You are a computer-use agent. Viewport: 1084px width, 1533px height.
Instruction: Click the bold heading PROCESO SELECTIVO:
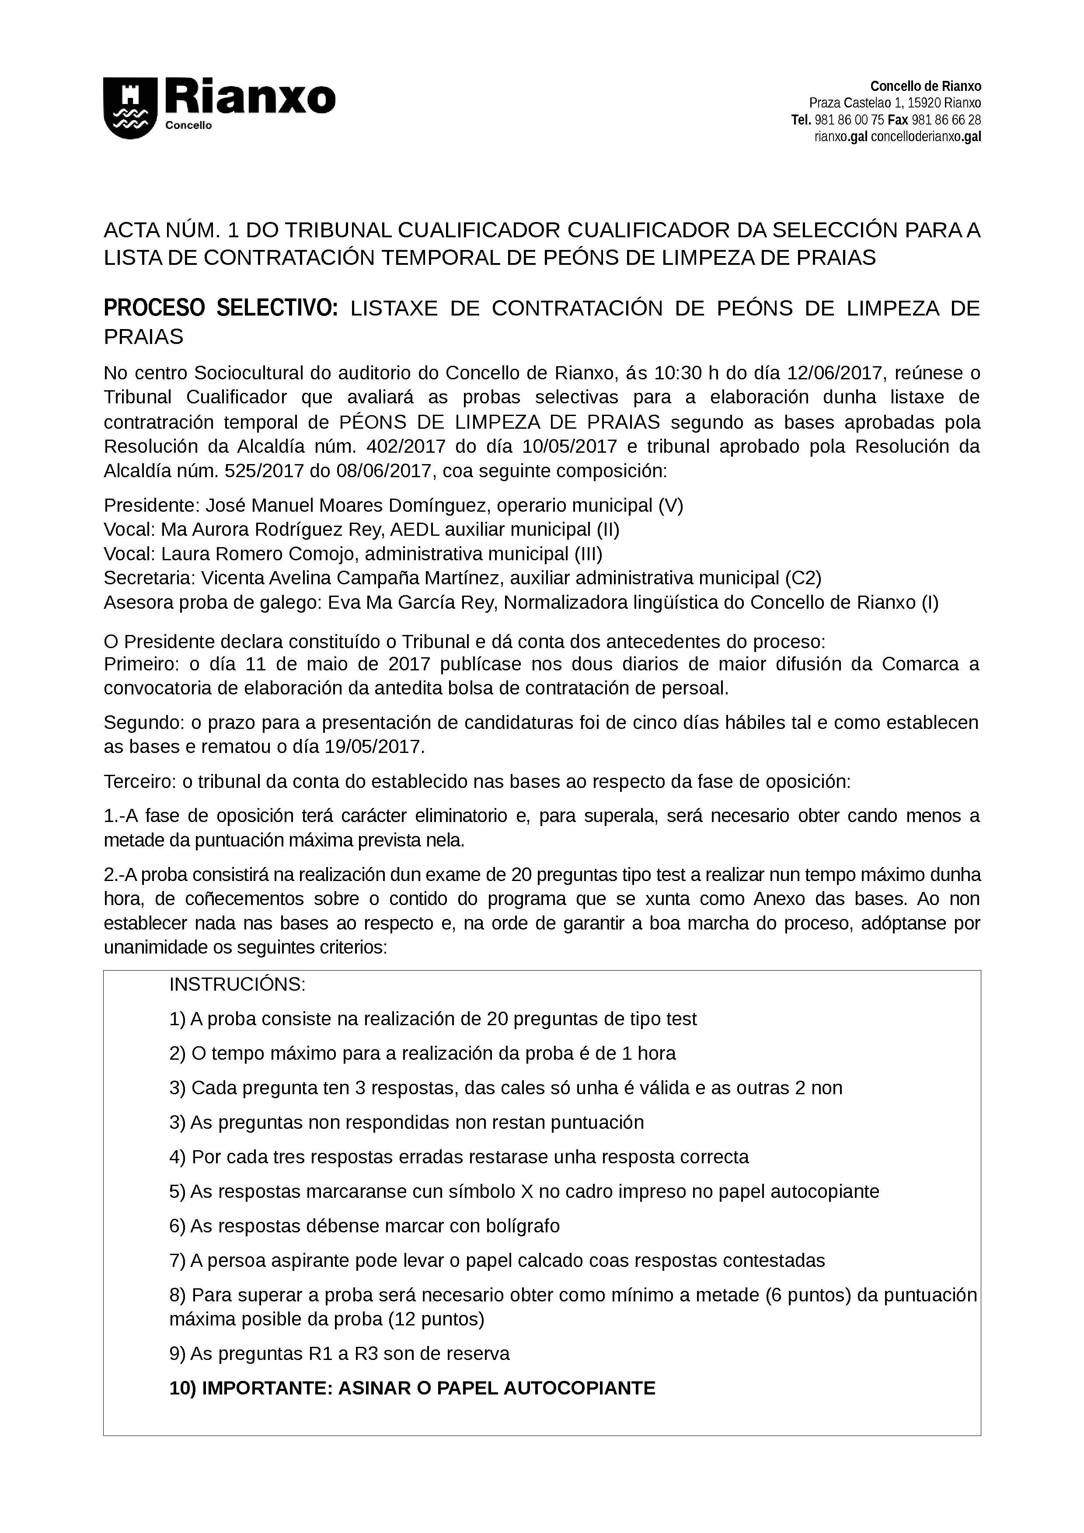(221, 309)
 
